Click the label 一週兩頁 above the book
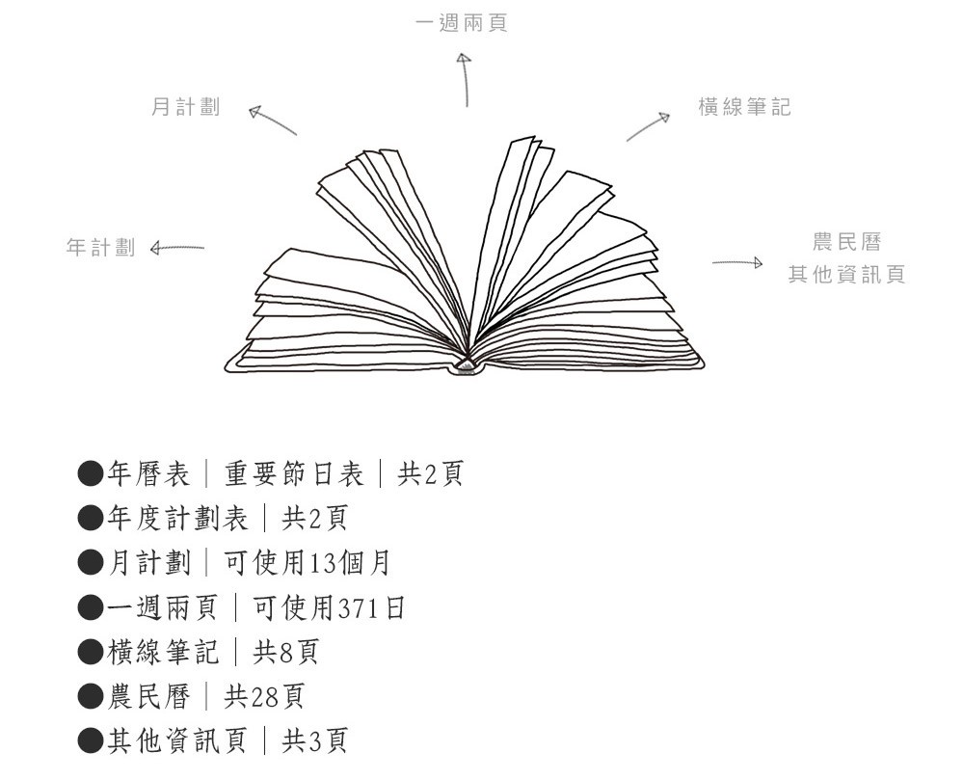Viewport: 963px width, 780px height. pos(461,23)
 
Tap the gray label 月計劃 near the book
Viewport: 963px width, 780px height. pos(185,107)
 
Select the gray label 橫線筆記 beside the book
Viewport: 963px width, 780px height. pos(744,107)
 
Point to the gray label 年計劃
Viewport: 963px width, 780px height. pos(100,248)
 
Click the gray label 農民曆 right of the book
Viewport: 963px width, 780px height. pos(847,242)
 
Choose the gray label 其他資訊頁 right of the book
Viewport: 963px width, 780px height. pos(847,274)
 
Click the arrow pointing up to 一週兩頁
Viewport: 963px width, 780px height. pos(465,80)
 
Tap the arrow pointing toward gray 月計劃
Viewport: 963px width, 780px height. pos(273,120)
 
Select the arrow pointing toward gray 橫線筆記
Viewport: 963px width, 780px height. pos(648,126)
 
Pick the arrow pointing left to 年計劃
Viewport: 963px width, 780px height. pos(177,248)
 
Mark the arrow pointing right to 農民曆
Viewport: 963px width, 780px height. pos(737,263)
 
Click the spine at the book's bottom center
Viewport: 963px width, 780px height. pos(467,366)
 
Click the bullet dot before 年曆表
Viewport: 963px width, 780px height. pos(91,473)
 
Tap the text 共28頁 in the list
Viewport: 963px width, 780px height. pos(264,696)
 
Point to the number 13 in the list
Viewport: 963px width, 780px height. pos(323,563)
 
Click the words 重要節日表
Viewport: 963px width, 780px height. pos(294,473)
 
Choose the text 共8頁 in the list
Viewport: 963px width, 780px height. pos(285,652)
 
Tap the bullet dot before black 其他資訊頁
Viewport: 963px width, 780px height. pos(91,740)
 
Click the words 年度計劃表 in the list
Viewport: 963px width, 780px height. pos(177,519)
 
